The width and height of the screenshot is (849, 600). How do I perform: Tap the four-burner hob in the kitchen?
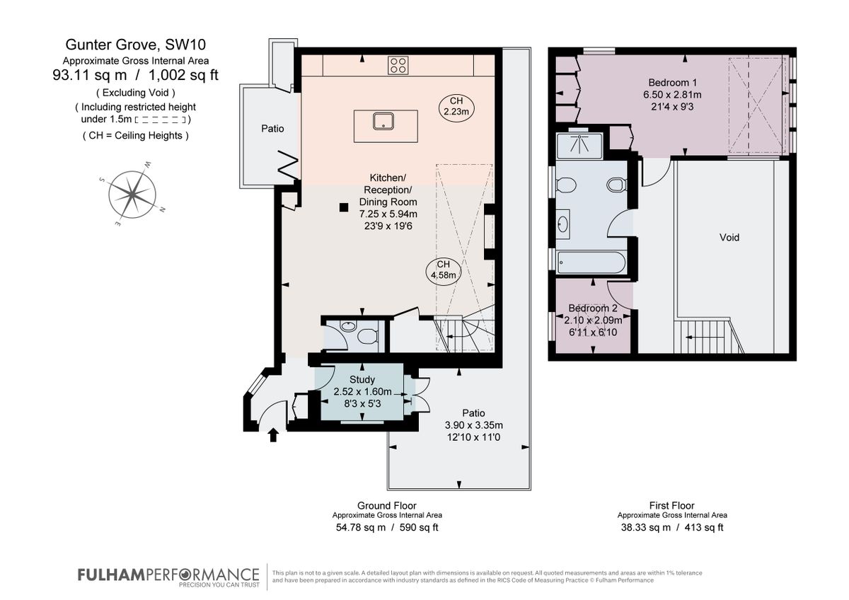pyautogui.click(x=398, y=65)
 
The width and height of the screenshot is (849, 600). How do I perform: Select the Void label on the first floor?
pyautogui.click(x=729, y=238)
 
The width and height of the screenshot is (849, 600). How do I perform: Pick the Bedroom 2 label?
pyautogui.click(x=593, y=308)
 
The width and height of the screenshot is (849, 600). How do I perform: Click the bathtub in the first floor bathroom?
pyautogui.click(x=591, y=263)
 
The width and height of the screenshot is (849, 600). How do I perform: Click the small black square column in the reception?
pyautogui.click(x=343, y=207)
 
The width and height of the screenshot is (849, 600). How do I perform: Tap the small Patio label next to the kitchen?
pyautogui.click(x=272, y=129)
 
